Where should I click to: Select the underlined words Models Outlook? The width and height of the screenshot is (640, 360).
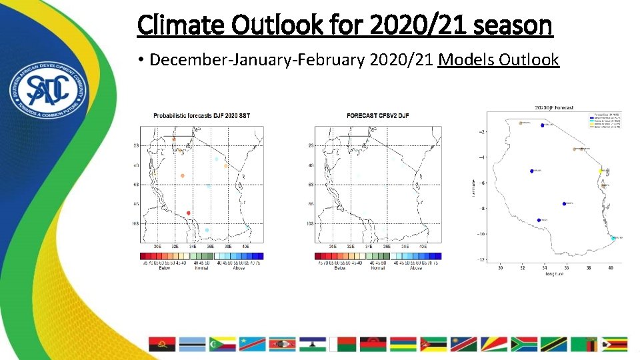[498, 60]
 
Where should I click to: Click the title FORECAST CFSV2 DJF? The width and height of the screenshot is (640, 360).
[377, 116]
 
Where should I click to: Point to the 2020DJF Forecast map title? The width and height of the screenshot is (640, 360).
[553, 107]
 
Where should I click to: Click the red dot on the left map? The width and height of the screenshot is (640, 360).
[189, 213]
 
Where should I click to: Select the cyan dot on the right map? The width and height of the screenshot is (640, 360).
[613, 238]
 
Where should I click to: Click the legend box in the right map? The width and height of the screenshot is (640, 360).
[604, 120]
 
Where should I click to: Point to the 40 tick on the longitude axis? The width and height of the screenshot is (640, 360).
[611, 268]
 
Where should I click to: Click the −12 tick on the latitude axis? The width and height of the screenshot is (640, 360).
[482, 259]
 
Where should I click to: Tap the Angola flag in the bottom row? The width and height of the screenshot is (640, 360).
[163, 344]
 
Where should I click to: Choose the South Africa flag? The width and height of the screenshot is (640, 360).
[524, 344]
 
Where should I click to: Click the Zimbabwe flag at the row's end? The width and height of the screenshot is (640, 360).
[614, 344]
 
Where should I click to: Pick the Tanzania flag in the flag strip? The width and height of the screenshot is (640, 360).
[554, 344]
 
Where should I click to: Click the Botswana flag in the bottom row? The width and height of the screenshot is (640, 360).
[193, 344]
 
